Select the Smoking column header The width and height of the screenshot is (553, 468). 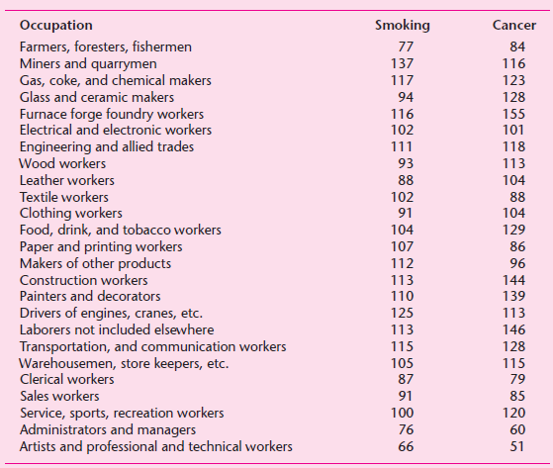(x=402, y=25)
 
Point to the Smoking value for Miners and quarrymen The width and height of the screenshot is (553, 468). (x=402, y=63)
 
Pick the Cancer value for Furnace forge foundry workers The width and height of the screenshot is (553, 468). (x=513, y=114)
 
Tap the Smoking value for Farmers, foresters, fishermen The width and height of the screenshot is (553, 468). (x=402, y=47)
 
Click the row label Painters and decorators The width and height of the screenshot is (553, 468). (x=82, y=297)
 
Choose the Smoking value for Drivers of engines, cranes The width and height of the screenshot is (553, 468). (x=402, y=314)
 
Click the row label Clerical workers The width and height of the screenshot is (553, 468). (x=66, y=380)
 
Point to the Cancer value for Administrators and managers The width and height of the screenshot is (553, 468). (x=513, y=429)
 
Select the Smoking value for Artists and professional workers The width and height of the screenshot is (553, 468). (x=402, y=447)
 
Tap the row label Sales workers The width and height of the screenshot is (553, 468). (x=60, y=397)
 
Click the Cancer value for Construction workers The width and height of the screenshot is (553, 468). (x=513, y=280)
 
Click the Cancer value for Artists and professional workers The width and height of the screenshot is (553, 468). (x=513, y=447)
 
